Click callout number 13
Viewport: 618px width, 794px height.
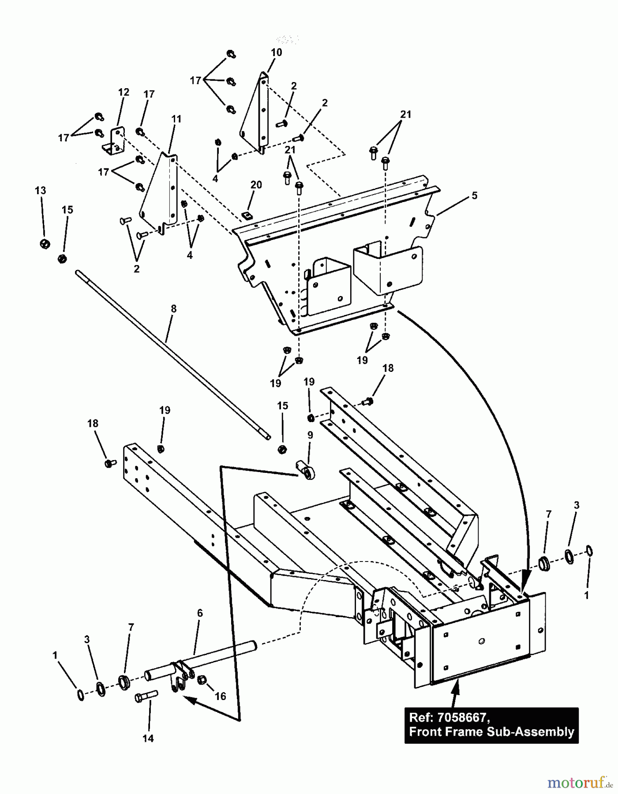click(x=40, y=191)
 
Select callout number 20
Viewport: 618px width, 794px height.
click(x=256, y=185)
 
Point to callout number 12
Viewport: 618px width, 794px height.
click(x=124, y=92)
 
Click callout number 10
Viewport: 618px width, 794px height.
click(x=276, y=52)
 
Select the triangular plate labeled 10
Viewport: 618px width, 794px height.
click(x=256, y=115)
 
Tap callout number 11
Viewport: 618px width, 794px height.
click(x=176, y=119)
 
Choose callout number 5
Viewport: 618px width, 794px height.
click(x=474, y=195)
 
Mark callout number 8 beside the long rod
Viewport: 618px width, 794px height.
click(x=173, y=309)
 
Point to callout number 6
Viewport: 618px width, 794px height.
click(x=200, y=613)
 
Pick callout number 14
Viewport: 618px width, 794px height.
click(x=148, y=738)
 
